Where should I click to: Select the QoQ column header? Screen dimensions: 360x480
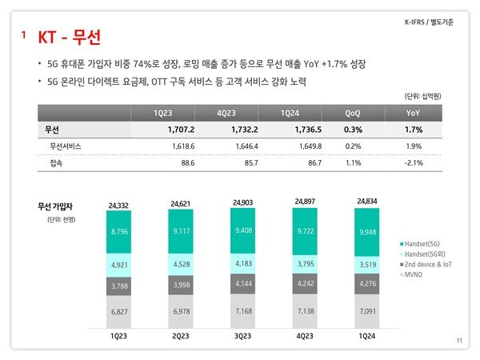pyautogui.click(x=352, y=112)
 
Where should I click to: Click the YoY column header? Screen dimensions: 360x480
pyautogui.click(x=413, y=112)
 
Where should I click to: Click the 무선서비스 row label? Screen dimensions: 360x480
pyautogui.click(x=66, y=146)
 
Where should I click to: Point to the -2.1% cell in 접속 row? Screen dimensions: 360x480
pyautogui.click(x=413, y=163)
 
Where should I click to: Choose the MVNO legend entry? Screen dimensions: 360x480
pyautogui.click(x=411, y=274)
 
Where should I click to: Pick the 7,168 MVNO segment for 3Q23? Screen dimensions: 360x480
pyautogui.click(x=244, y=310)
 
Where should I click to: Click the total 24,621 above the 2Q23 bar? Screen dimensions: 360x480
pyautogui.click(x=180, y=205)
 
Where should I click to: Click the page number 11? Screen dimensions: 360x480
pyautogui.click(x=459, y=342)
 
